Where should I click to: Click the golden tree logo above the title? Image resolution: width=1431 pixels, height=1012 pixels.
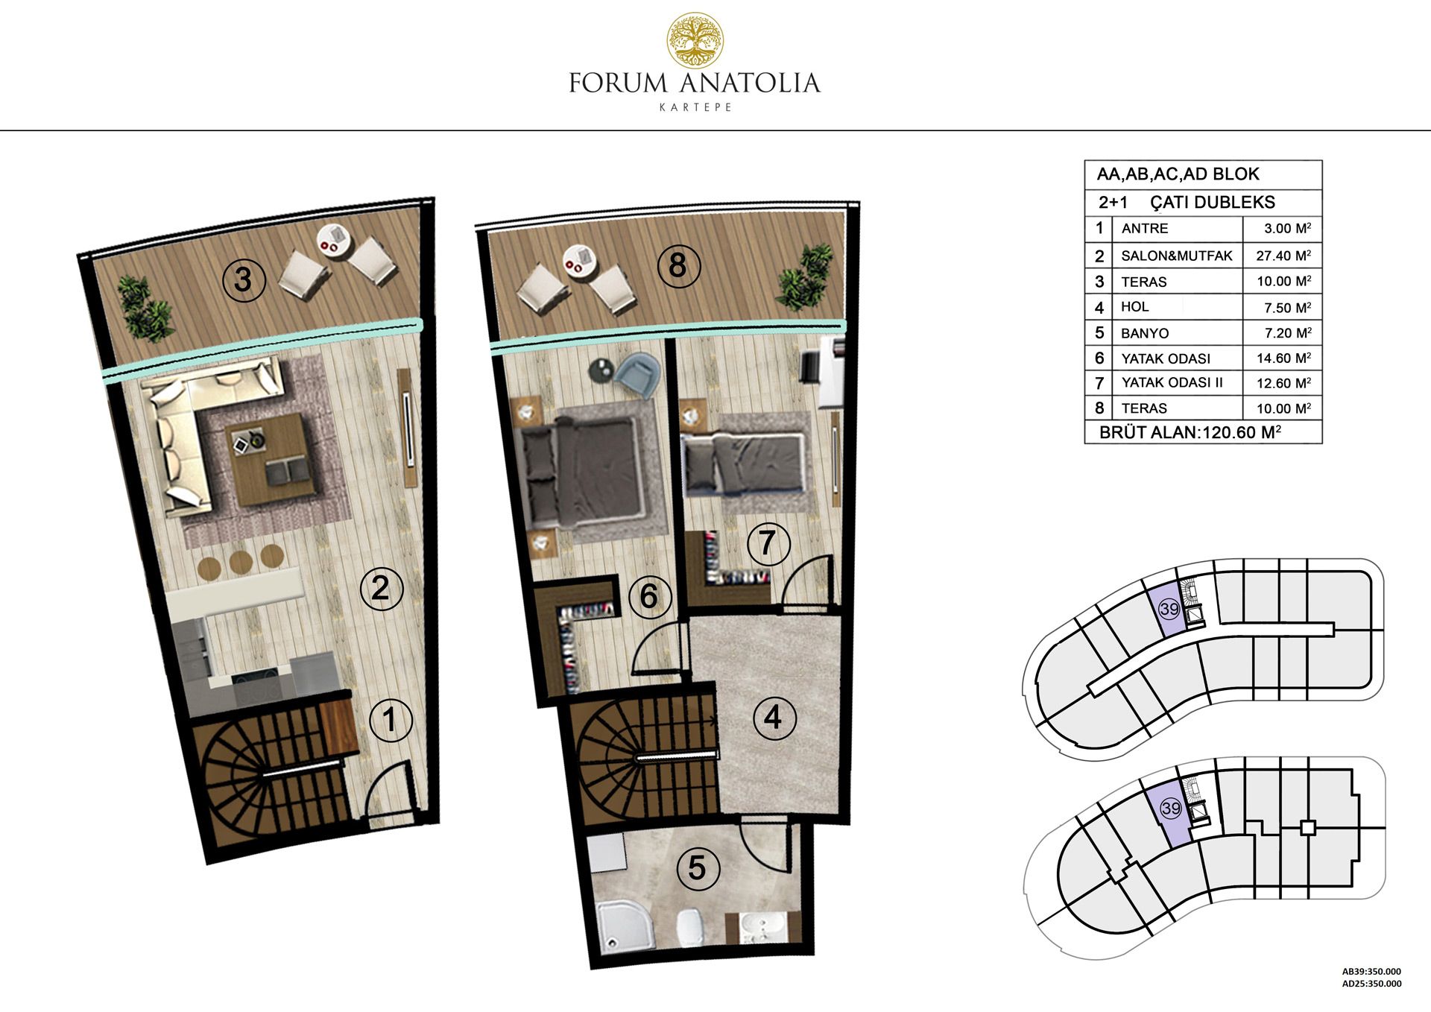695,39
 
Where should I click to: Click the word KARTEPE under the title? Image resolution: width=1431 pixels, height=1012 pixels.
695,107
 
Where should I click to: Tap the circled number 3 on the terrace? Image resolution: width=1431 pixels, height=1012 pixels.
243,280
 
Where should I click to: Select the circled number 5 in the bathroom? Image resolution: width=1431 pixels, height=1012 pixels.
697,867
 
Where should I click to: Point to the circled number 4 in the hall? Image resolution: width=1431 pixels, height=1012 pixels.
774,718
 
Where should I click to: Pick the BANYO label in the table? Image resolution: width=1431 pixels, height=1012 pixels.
1145,333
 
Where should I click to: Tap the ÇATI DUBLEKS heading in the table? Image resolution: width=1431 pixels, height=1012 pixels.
1213,202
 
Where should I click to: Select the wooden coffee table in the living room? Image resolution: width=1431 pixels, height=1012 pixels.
269,458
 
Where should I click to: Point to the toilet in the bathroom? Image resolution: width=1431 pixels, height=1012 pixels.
691,929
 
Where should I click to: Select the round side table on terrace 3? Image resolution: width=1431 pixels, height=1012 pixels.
333,240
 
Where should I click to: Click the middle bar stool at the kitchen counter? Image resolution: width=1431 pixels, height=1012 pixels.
241,560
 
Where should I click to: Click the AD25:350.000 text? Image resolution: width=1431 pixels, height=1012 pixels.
1371,984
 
